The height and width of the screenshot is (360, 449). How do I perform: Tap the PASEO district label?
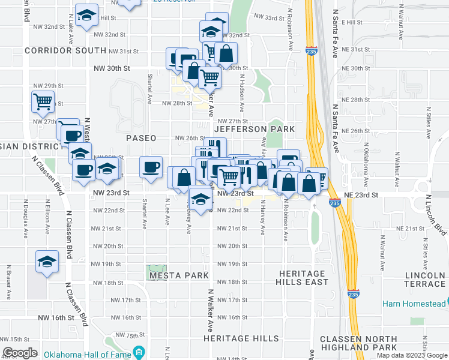[141, 138]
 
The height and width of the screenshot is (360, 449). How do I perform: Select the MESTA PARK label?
[179, 276]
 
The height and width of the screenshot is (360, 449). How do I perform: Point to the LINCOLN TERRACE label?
[425, 280]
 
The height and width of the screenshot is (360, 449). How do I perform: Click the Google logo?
[20, 353]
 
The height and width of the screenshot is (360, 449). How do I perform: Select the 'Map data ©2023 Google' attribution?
[412, 355]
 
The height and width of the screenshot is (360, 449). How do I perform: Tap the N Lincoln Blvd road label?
[436, 214]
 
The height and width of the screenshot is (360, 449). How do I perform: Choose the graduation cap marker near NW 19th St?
[47, 262]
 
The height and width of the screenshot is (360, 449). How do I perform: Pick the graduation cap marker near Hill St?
[87, 16]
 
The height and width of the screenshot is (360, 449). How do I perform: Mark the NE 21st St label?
[411, 229]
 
